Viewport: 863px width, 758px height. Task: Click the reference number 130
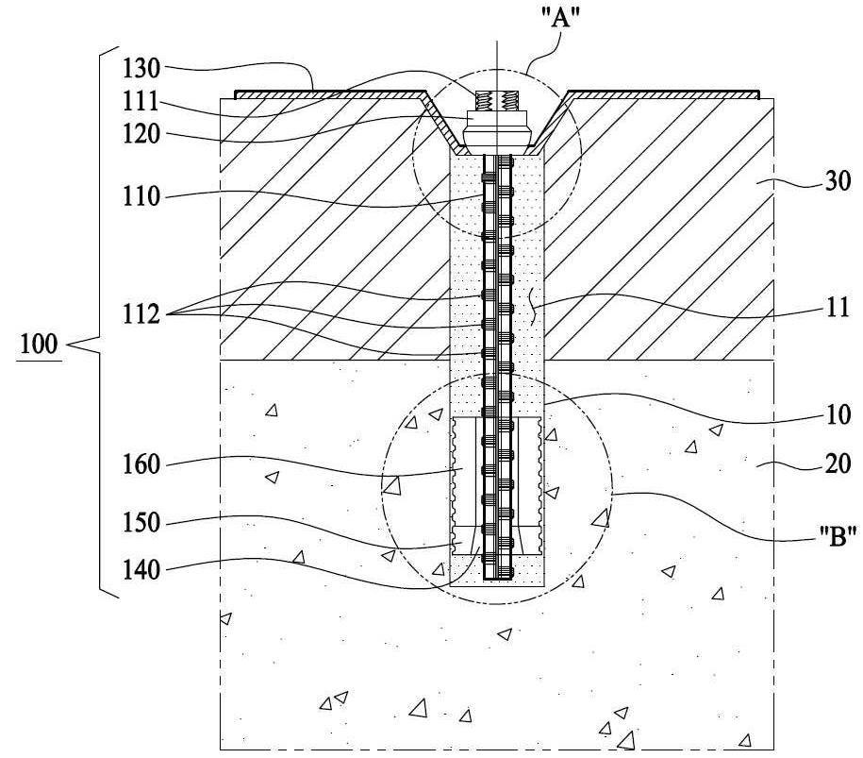pos(141,69)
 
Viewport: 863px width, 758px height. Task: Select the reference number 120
pos(141,134)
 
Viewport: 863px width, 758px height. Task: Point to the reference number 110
pos(141,196)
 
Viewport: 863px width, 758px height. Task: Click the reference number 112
pos(141,314)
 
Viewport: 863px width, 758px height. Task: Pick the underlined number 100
pos(39,345)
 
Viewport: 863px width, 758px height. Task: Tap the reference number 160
pos(141,464)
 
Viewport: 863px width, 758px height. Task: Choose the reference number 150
pos(141,523)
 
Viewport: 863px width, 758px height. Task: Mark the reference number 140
pos(141,570)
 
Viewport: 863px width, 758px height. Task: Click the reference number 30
pos(838,181)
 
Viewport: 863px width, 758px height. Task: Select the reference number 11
pos(838,308)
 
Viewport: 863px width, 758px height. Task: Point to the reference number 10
pos(837,414)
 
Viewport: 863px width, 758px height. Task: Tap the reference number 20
pos(838,464)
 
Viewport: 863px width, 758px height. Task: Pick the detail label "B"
pos(837,536)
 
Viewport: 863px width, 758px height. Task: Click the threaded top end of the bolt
pos(496,101)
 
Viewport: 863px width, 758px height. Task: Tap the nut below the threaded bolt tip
pos(496,118)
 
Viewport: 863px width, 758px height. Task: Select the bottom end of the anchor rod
pos(498,576)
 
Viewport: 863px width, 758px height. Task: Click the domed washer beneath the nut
pos(496,135)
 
